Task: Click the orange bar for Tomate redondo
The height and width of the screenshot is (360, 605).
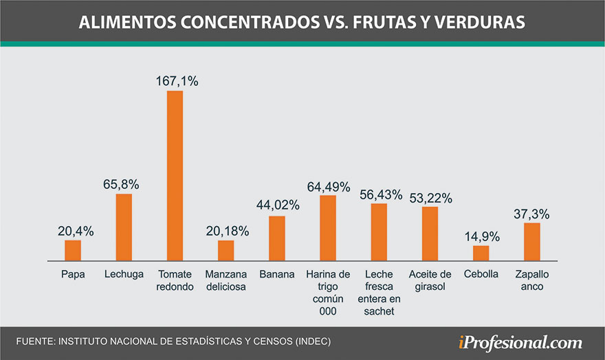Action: [175, 176]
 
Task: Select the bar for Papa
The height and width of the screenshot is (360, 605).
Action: [73, 251]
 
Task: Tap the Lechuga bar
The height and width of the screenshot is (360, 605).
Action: [124, 227]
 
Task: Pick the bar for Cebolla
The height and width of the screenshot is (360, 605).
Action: [481, 254]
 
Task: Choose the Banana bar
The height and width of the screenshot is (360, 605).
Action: [277, 238]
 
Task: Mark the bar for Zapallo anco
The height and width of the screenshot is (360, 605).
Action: [532, 242]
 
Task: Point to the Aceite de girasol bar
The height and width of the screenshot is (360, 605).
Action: [430, 234]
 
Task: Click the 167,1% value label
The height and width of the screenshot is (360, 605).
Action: [175, 82]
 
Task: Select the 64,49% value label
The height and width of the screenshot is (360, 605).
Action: [328, 186]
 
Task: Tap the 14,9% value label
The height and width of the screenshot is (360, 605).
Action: [481, 237]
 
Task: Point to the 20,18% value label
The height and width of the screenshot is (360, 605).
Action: [226, 231]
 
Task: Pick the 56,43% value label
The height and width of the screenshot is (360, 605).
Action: [379, 195]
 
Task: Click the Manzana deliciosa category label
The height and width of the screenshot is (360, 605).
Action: [226, 280]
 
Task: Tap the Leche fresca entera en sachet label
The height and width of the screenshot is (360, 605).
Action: [379, 293]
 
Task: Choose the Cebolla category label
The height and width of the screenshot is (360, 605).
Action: [481, 275]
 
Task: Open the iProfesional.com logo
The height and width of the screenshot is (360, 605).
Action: [520, 342]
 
